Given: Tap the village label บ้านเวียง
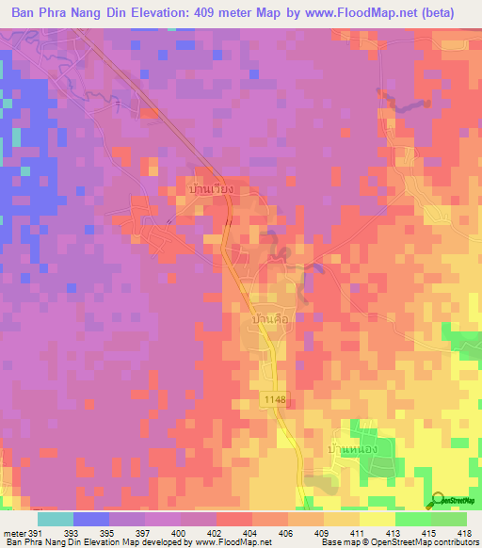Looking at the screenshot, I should point(210,189).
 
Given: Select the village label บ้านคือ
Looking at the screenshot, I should point(272,321).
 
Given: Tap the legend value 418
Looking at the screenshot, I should point(467,534).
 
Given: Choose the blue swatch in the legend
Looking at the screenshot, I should point(90,519).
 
